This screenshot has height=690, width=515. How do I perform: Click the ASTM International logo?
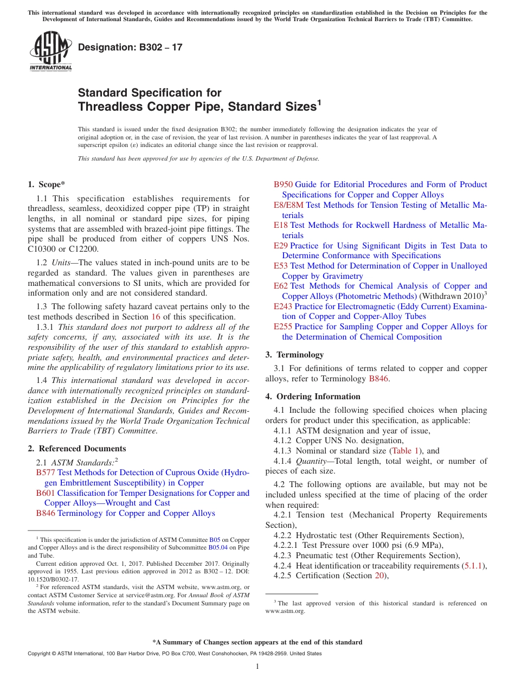coord(50,51)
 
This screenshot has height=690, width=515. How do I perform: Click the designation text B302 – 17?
coord(130,47)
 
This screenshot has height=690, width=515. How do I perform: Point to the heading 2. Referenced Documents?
coord(77,449)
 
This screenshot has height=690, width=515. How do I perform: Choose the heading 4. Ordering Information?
coord(313,397)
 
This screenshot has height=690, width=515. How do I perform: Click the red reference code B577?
coord(46,472)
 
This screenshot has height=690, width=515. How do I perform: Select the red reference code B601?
coord(46,493)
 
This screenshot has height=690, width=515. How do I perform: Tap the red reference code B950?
coord(283,184)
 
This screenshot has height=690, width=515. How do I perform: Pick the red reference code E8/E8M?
coord(288,205)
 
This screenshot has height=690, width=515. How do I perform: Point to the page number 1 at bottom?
coord(257,667)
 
